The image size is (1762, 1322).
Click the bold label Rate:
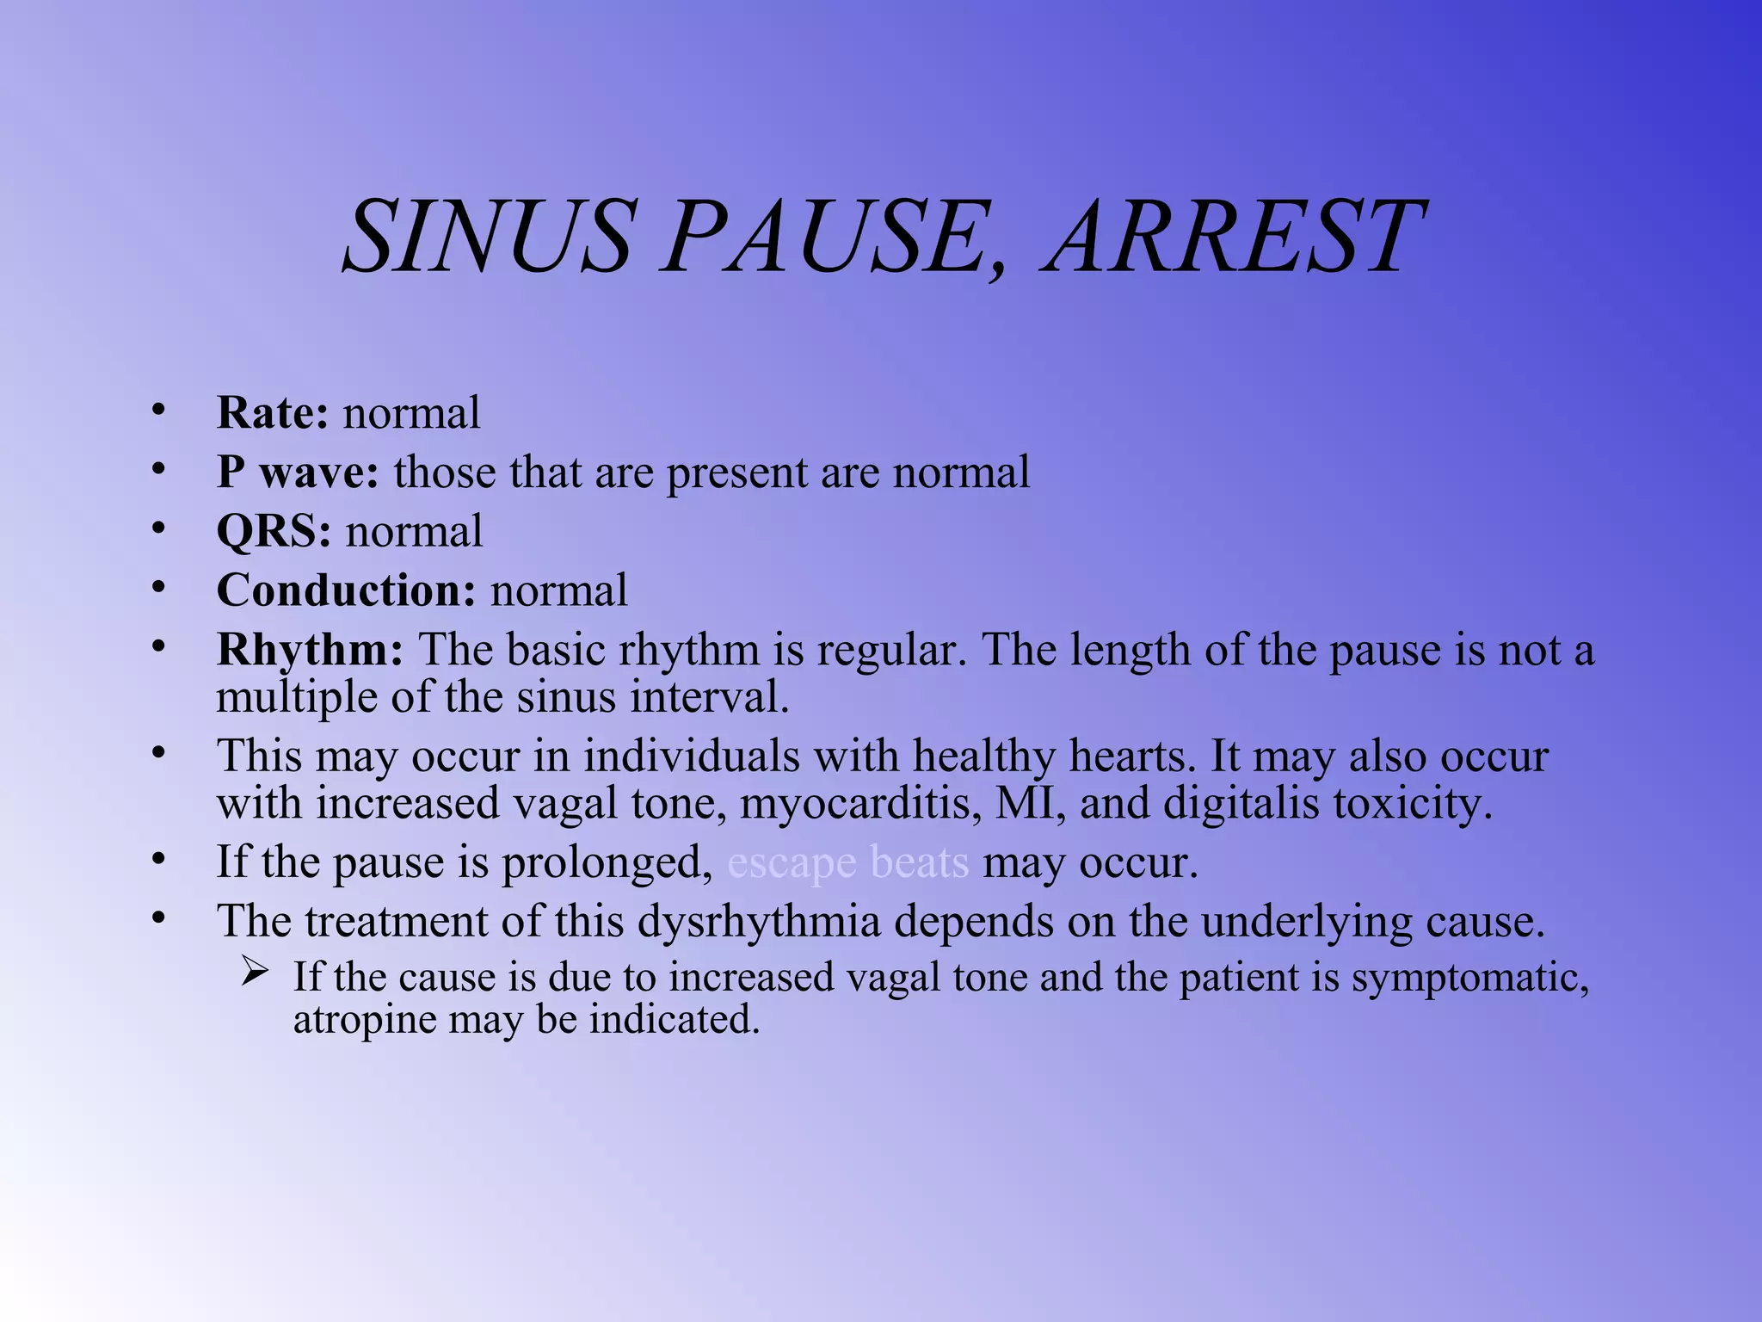click(x=272, y=412)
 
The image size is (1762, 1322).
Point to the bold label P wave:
click(x=297, y=472)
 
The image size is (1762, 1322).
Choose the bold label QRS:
click(x=274, y=531)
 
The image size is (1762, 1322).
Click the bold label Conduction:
click(x=346, y=590)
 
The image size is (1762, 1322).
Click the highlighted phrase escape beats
click(x=847, y=862)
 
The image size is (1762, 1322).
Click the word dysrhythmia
click(x=759, y=921)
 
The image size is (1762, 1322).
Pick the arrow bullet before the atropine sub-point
click(x=256, y=973)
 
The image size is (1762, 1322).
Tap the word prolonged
click(x=607, y=863)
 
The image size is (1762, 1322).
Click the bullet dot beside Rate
click(x=157, y=411)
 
